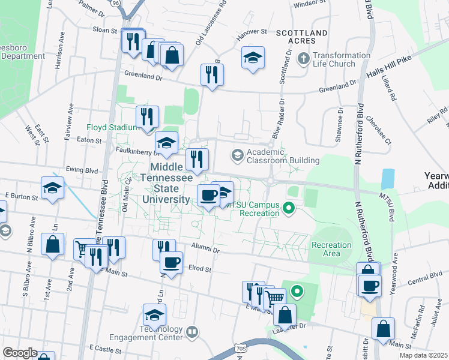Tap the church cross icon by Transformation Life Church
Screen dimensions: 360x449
[304, 59]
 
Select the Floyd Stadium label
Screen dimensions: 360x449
[113, 127]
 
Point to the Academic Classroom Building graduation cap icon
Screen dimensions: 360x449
[237, 156]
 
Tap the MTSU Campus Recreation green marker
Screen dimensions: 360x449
[288, 209]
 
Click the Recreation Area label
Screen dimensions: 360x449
[331, 249]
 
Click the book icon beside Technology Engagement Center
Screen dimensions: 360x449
[192, 331]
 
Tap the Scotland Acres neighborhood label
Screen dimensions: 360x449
[294, 36]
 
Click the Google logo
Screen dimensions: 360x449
[20, 353]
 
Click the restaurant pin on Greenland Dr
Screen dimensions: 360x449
[211, 74]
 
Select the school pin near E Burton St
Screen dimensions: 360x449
[52, 188]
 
